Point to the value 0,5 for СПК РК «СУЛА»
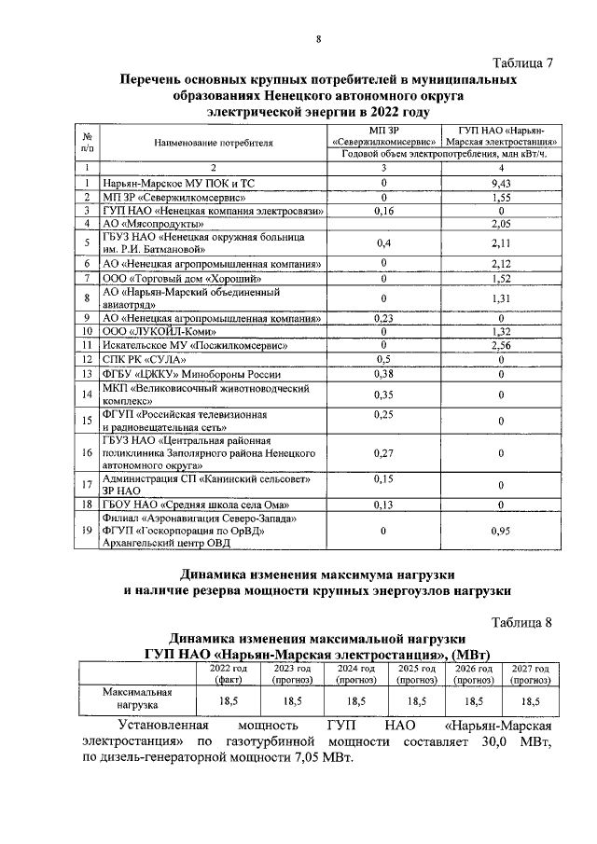(x=382, y=358)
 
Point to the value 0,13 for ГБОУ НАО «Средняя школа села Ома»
(x=382, y=504)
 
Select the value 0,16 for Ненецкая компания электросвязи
(x=382, y=211)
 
